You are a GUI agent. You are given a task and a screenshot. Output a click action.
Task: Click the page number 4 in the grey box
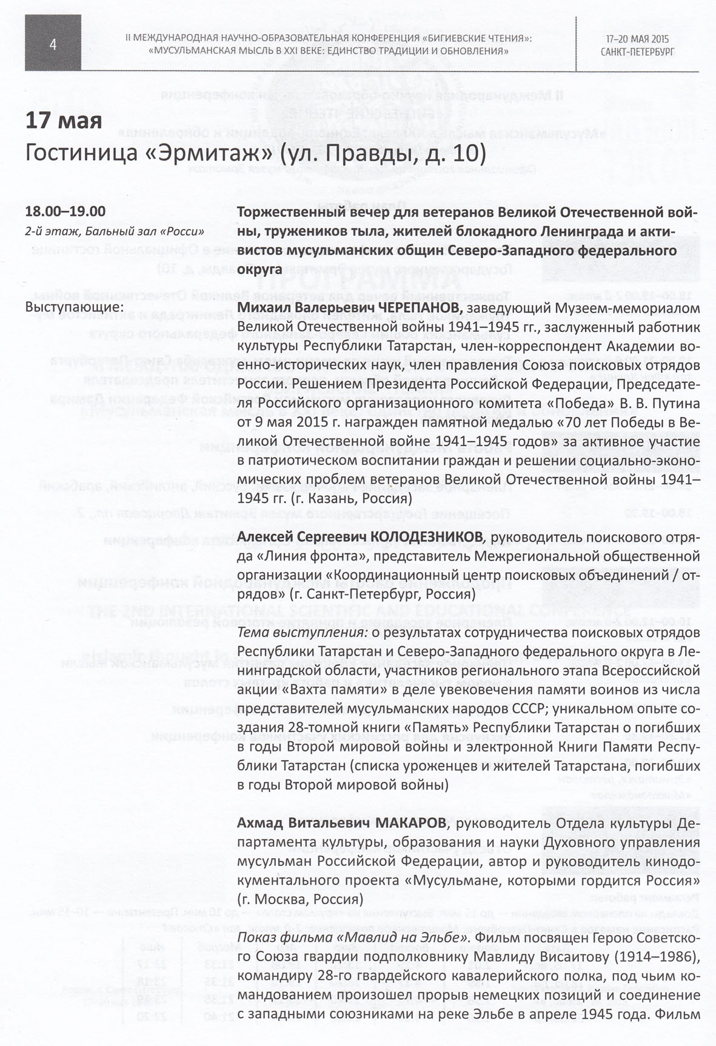coord(53,44)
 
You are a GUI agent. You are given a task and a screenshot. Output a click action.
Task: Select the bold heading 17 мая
coord(63,121)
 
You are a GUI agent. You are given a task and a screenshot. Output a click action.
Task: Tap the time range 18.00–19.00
coord(65,212)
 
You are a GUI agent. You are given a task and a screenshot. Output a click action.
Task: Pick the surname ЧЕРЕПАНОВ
coord(420,308)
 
